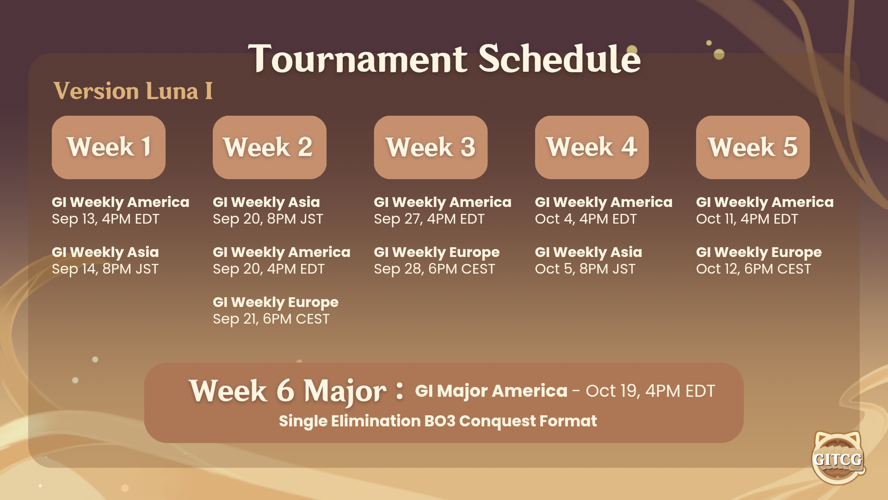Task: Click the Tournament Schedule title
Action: point(444,59)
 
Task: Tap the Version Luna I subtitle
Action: point(133,91)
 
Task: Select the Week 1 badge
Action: point(109,147)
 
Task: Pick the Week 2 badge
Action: point(270,147)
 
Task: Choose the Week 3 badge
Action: point(431,147)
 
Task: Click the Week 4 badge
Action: point(592,147)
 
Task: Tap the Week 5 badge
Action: point(753,147)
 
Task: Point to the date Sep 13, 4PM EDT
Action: point(105,219)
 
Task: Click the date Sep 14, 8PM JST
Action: point(105,269)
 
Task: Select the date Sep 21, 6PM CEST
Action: point(271,319)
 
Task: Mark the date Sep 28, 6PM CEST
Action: point(434,269)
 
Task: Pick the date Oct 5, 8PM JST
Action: point(585,269)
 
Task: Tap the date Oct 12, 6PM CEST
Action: point(753,269)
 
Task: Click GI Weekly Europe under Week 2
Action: point(276,302)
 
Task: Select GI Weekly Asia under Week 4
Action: point(588,252)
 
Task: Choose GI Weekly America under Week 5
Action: point(765,202)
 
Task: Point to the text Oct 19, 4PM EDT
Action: point(650,391)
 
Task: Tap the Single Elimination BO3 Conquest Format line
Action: point(438,421)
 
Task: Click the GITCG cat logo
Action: point(838,458)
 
